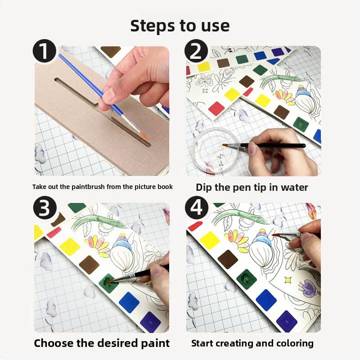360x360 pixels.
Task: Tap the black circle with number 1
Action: (x=45, y=52)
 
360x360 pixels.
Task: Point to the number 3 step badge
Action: (x=45, y=208)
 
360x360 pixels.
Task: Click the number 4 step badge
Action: (x=197, y=208)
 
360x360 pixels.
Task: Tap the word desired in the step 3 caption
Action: (x=117, y=343)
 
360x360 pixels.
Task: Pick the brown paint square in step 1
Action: (x=111, y=52)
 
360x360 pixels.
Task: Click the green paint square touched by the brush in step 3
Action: (x=108, y=283)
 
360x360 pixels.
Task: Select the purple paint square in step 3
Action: (x=150, y=321)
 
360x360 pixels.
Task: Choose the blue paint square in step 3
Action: (x=129, y=302)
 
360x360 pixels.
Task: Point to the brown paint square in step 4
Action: (x=228, y=259)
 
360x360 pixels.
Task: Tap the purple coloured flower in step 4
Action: (x=308, y=288)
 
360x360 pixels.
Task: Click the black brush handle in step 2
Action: (x=273, y=145)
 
